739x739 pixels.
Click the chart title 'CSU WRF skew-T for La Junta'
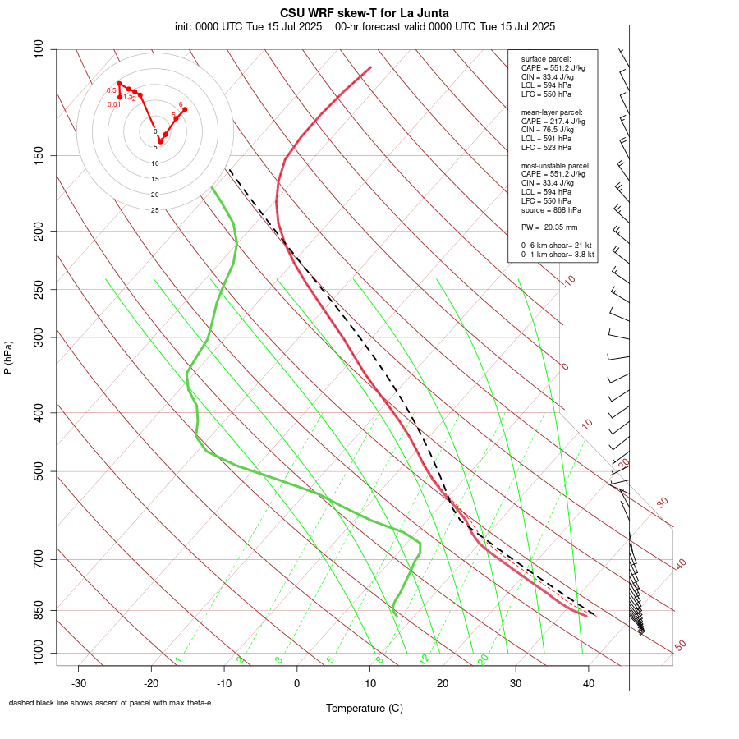[365, 13]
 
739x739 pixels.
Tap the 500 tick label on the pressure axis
[39, 471]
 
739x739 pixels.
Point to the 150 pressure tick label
[39, 155]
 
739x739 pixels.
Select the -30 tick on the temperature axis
[79, 683]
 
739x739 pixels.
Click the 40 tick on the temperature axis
[588, 683]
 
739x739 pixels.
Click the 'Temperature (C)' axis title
[365, 708]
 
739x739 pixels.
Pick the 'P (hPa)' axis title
[8, 358]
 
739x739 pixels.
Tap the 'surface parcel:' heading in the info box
[546, 59]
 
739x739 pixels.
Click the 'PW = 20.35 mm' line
[549, 227]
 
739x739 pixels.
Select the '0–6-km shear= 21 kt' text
[558, 246]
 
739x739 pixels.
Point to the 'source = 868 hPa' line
[554, 209]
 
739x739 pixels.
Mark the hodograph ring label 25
[155, 210]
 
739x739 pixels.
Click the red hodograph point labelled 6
[185, 109]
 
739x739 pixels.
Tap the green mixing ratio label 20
[483, 659]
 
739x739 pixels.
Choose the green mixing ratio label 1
[177, 660]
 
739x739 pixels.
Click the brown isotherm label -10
[567, 282]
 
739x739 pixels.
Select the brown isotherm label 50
[680, 646]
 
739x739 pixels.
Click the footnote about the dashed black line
[110, 703]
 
